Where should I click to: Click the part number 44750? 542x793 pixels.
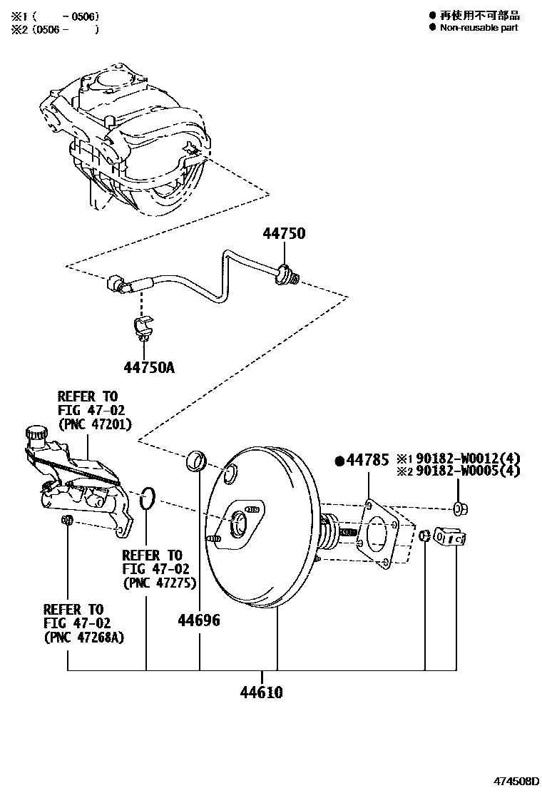pyautogui.click(x=284, y=233)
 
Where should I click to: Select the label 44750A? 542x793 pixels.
pyautogui.click(x=149, y=367)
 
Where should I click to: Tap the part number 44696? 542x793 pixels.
pyautogui.click(x=199, y=620)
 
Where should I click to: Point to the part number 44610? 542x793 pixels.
pyautogui.click(x=262, y=692)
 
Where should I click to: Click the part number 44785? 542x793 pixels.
pyautogui.click(x=367, y=460)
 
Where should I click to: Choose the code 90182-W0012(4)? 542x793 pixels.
pyautogui.click(x=468, y=459)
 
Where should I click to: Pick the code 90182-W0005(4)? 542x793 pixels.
pyautogui.click(x=468, y=471)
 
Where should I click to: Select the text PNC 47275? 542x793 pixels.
pyautogui.click(x=160, y=583)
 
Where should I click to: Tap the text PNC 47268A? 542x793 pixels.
pyautogui.click(x=84, y=637)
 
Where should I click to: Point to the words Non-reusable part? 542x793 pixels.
pyautogui.click(x=479, y=28)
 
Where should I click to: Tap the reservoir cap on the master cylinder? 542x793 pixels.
pyautogui.click(x=36, y=434)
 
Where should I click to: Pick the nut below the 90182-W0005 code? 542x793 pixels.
pyautogui.click(x=460, y=508)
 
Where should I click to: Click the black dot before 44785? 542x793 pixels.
pyautogui.click(x=339, y=461)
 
